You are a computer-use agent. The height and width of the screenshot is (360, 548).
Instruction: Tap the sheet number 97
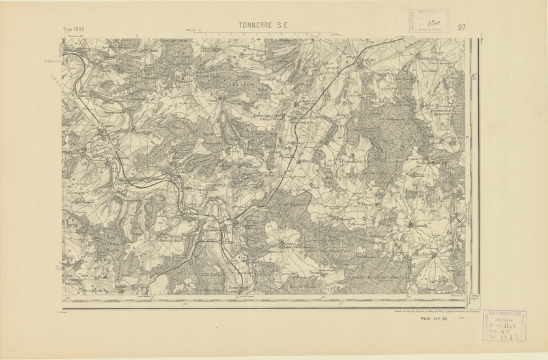(x=461, y=27)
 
